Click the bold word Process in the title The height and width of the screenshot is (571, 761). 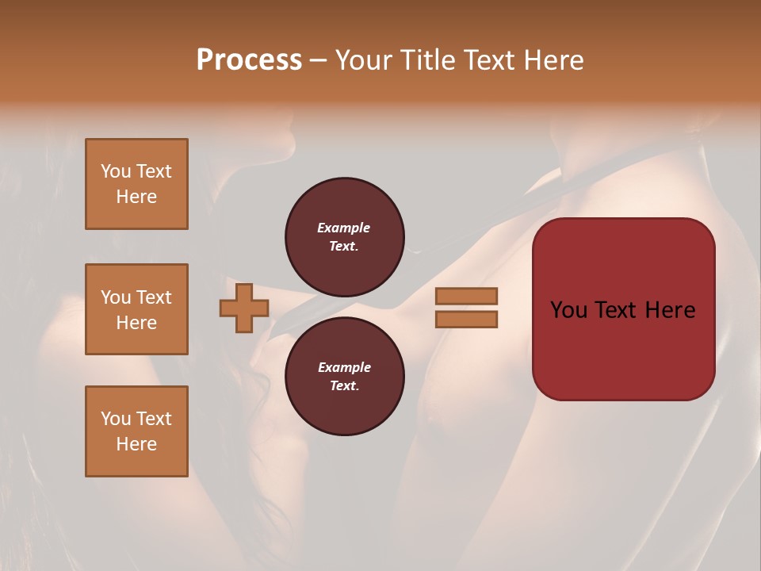[249, 60]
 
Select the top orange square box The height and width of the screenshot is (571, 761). [136, 184]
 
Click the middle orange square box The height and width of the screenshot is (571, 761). [136, 309]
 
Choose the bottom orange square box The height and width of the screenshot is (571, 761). [136, 431]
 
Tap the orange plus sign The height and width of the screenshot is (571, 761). [243, 308]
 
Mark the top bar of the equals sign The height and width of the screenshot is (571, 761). [466, 296]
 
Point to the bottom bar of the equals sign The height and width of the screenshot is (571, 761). [466, 320]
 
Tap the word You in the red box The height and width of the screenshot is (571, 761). [569, 310]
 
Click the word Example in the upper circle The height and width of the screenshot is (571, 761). [344, 228]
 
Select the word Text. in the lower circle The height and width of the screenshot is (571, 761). [344, 385]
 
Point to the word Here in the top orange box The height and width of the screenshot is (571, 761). [136, 197]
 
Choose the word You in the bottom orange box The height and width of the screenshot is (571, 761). [116, 418]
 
